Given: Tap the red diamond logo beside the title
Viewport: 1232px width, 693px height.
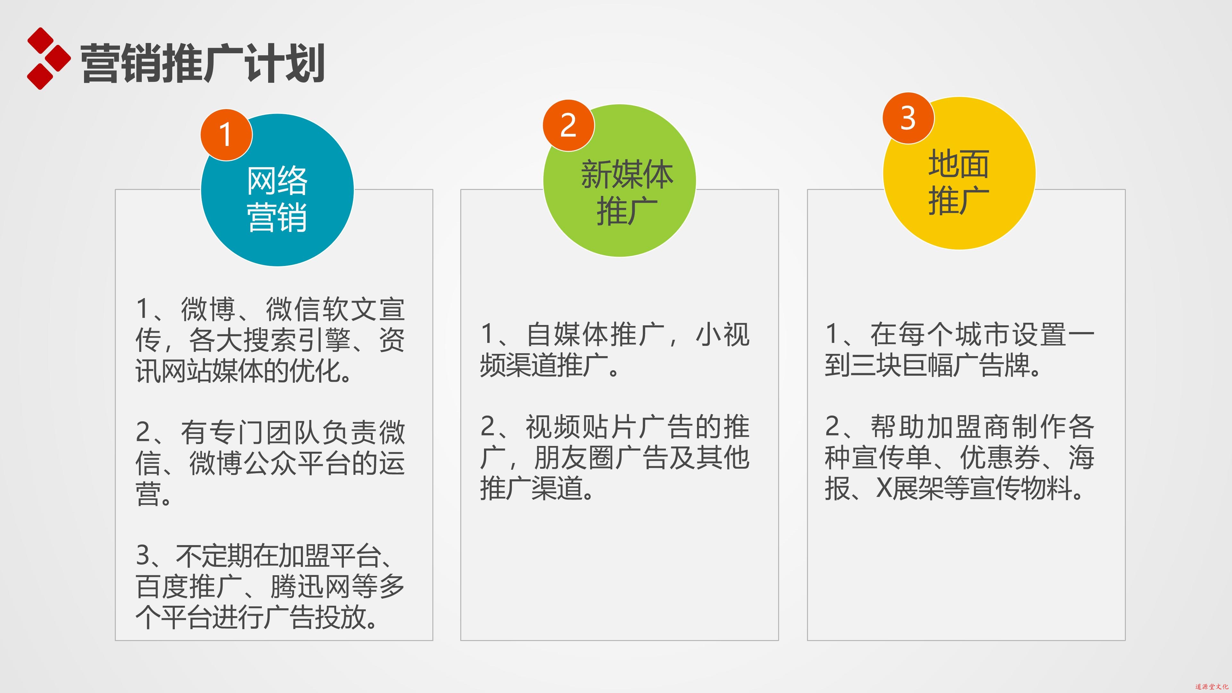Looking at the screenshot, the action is (49, 58).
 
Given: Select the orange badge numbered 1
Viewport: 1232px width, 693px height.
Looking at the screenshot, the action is (226, 135).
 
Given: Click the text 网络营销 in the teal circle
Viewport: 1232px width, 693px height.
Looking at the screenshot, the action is (277, 199).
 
